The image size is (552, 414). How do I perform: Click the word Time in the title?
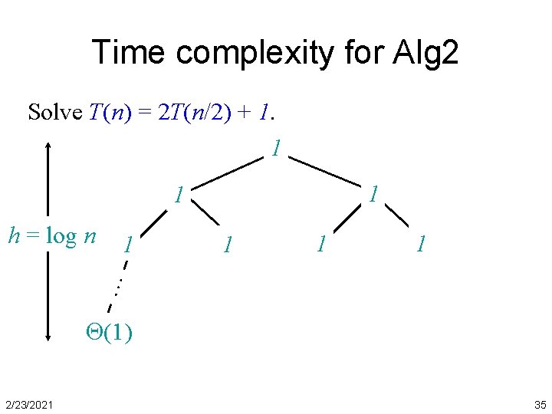[130, 52]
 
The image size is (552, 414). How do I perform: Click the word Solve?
[54, 113]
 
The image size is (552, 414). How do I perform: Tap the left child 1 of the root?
[178, 195]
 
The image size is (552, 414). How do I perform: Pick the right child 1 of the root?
[373, 194]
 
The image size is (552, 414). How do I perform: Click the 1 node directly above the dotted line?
[130, 245]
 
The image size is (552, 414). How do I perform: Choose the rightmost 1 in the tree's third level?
[419, 245]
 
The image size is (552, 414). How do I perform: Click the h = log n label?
[51, 235]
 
